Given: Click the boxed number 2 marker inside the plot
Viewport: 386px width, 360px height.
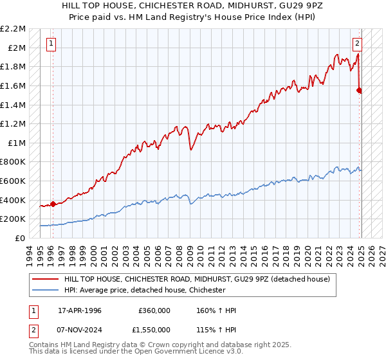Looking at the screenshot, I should coord(357,44).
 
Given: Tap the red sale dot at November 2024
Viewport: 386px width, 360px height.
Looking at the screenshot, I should coord(360,91).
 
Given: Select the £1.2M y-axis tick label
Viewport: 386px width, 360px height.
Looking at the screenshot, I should coord(14,123).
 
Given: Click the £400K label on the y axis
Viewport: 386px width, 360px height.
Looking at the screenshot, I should coord(14,200).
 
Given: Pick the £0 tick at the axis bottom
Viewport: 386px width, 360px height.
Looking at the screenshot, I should coord(19,238).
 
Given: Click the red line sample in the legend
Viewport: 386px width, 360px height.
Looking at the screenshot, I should coord(46,279).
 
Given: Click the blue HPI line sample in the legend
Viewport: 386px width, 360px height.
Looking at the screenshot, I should coord(46,291).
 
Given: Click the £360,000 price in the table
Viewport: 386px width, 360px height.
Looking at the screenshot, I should coord(154,310).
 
